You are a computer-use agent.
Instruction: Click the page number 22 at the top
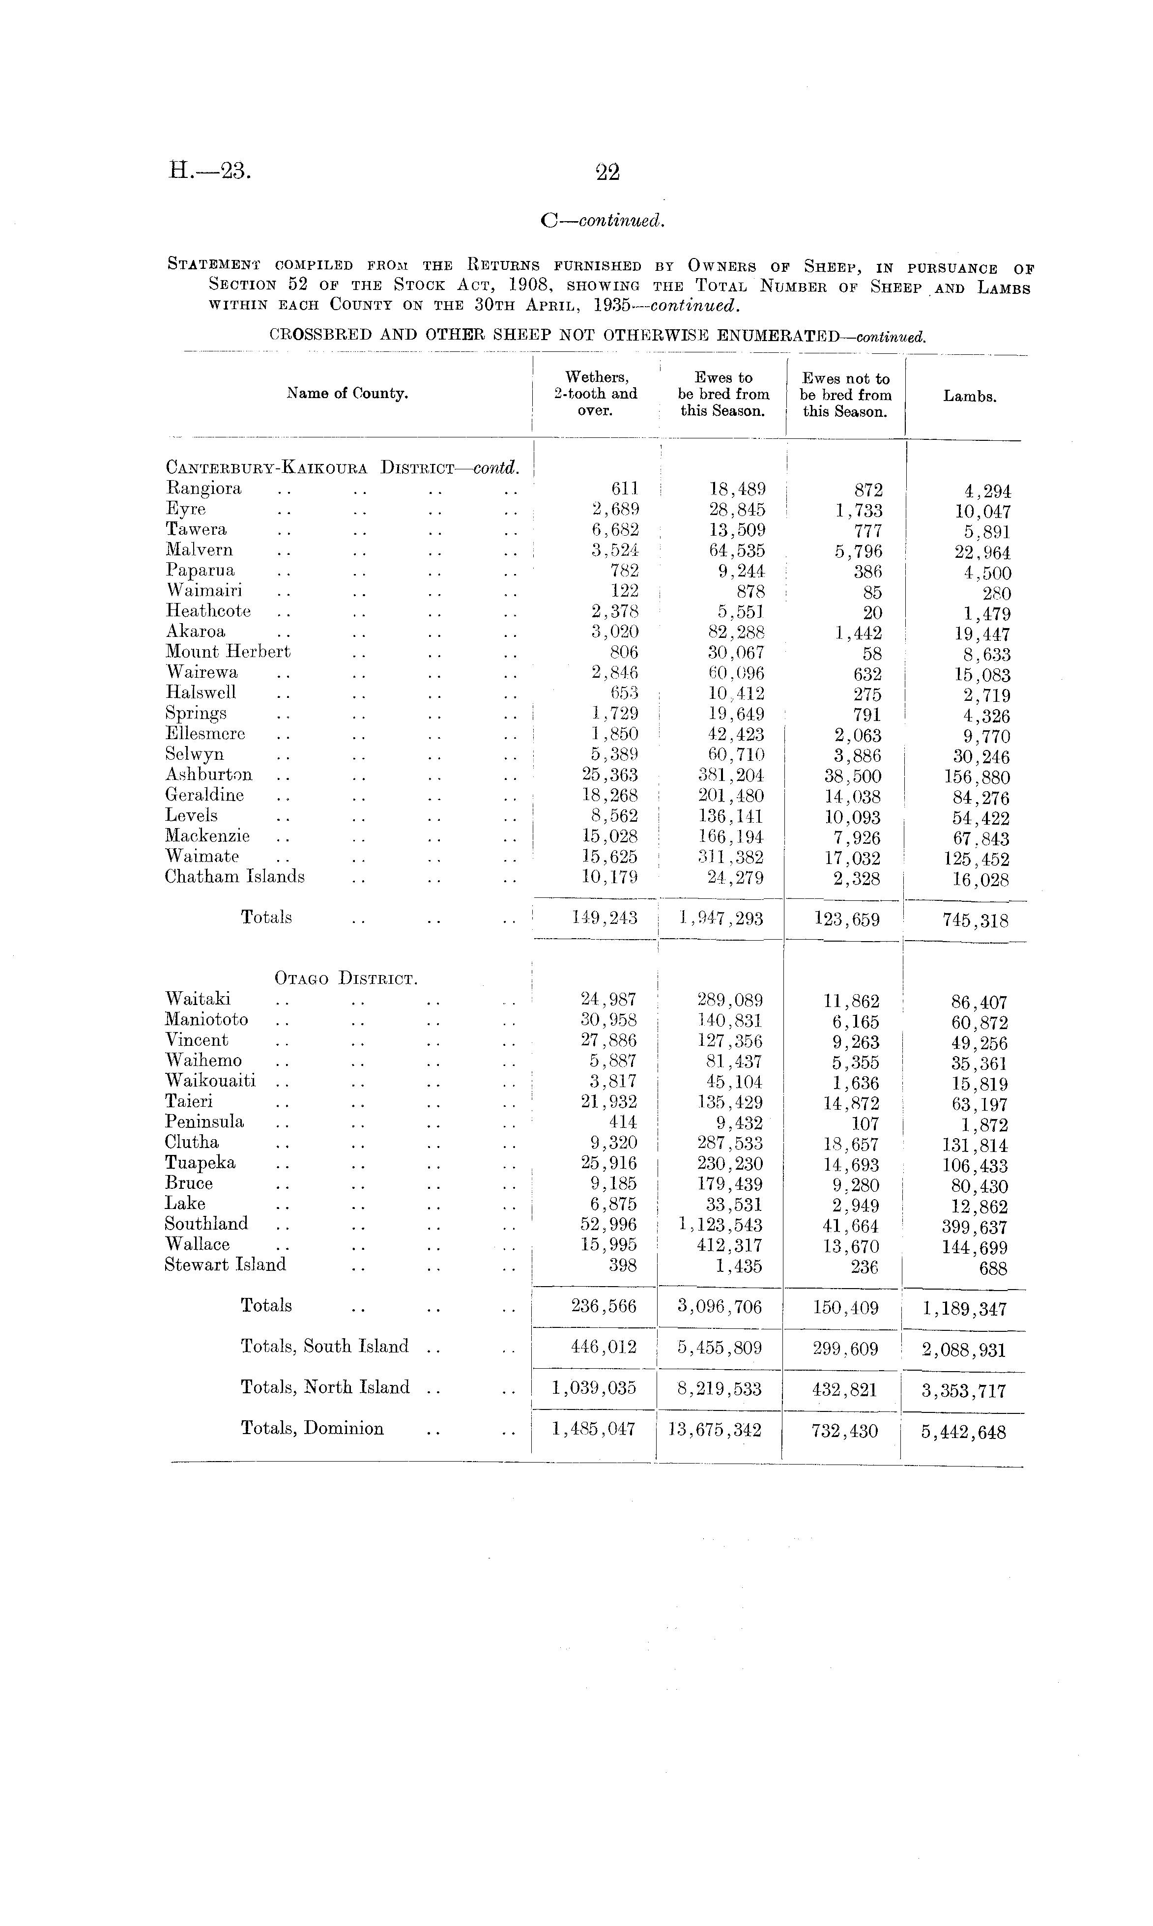pos(607,172)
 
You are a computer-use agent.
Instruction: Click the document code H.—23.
pos(210,170)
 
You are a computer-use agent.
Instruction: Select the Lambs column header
pos(970,396)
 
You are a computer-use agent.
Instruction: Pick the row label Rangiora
pos(203,489)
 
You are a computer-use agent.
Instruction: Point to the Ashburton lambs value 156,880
pos(971,777)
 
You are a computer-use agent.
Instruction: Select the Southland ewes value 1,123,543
pos(720,1225)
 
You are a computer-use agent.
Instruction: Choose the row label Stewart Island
pos(225,1265)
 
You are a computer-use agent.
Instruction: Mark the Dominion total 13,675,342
pos(714,1430)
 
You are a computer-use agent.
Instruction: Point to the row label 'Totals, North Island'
pos(325,1387)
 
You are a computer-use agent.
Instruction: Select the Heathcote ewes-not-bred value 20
pos(872,613)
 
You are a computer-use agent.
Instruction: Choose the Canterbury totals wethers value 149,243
pos(605,918)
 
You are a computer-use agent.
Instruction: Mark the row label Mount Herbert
pos(228,652)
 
